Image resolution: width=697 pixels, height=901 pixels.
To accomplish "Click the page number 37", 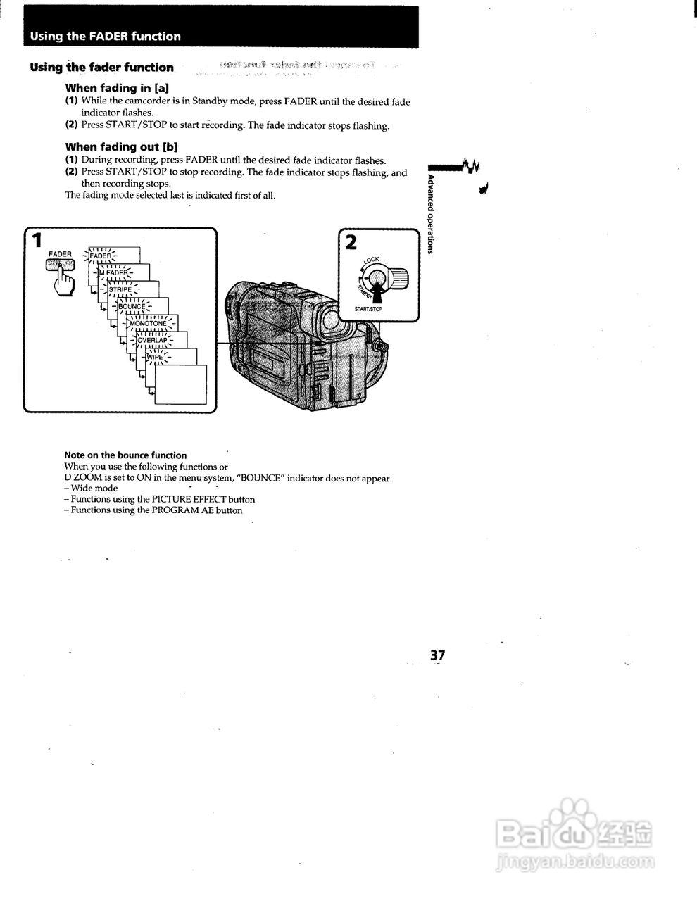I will [437, 655].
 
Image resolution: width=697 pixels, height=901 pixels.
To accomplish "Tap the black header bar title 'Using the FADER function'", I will [105, 37].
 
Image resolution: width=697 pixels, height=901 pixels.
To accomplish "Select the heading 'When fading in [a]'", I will [116, 88].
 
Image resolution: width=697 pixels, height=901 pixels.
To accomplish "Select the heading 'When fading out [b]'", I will [121, 147].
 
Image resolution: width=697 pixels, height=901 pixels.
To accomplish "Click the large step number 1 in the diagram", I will [34, 241].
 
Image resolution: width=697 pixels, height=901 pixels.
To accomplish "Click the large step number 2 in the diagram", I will [351, 242].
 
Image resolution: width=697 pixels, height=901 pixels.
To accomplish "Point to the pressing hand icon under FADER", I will [64, 283].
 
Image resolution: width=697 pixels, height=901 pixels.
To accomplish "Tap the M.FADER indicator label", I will [113, 272].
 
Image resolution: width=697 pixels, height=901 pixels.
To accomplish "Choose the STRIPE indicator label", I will [120, 289].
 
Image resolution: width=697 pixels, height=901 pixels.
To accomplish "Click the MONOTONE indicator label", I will [148, 323].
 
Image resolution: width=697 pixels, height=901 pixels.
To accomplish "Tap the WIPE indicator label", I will [154, 357].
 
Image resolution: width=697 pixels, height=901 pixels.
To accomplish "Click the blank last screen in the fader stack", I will [181, 384].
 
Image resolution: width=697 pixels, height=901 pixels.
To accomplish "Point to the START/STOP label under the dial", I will [368, 310].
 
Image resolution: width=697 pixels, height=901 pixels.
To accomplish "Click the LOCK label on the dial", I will [372, 260].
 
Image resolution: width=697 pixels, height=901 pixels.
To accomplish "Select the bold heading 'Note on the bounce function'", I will [125, 455].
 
